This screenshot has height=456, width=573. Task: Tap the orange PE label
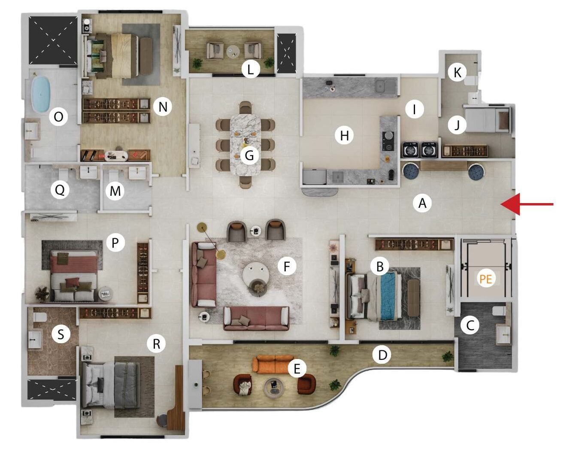[486, 279]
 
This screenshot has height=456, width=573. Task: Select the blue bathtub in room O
[41, 94]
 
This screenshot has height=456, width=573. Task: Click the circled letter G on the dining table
[249, 155]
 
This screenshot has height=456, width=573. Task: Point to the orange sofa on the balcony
[273, 364]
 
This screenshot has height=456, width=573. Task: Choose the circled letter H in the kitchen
[345, 136]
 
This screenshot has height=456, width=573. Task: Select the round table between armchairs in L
[233, 51]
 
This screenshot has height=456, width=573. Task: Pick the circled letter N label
[163, 107]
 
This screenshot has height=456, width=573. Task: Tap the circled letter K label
[457, 73]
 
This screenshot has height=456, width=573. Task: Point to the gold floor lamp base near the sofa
[221, 255]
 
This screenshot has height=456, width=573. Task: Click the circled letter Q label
[60, 190]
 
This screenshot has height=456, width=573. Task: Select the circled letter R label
[156, 344]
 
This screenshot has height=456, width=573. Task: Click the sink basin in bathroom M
[137, 173]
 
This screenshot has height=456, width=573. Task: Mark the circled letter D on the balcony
[382, 355]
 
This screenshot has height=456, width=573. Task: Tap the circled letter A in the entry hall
[422, 204]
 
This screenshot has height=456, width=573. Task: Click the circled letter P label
[115, 243]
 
